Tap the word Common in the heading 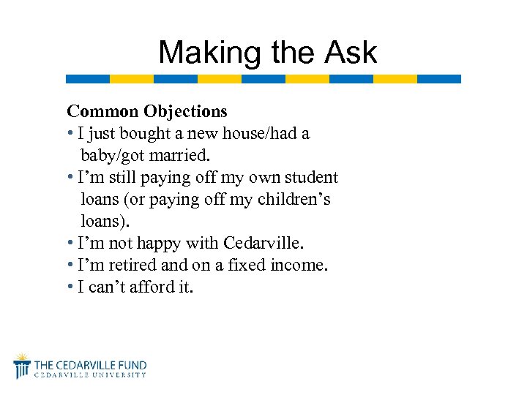pos(102,111)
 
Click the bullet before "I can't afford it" pos(70,287)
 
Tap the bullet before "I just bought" pos(70,133)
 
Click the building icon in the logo pos(22,366)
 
